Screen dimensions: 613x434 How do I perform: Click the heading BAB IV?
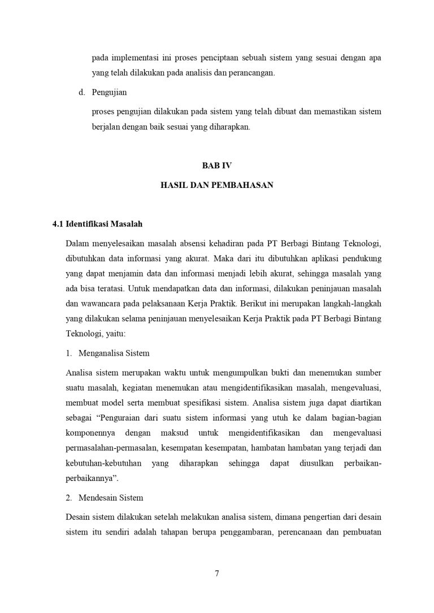tap(217, 165)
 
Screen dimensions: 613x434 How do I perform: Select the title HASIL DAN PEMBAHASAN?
tap(217, 185)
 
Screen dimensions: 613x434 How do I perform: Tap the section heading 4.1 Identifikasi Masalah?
tap(97, 224)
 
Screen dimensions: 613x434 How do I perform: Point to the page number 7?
tap(217, 573)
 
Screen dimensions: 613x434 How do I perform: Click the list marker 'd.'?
tap(82, 92)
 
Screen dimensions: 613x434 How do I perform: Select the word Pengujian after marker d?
tap(110, 92)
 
